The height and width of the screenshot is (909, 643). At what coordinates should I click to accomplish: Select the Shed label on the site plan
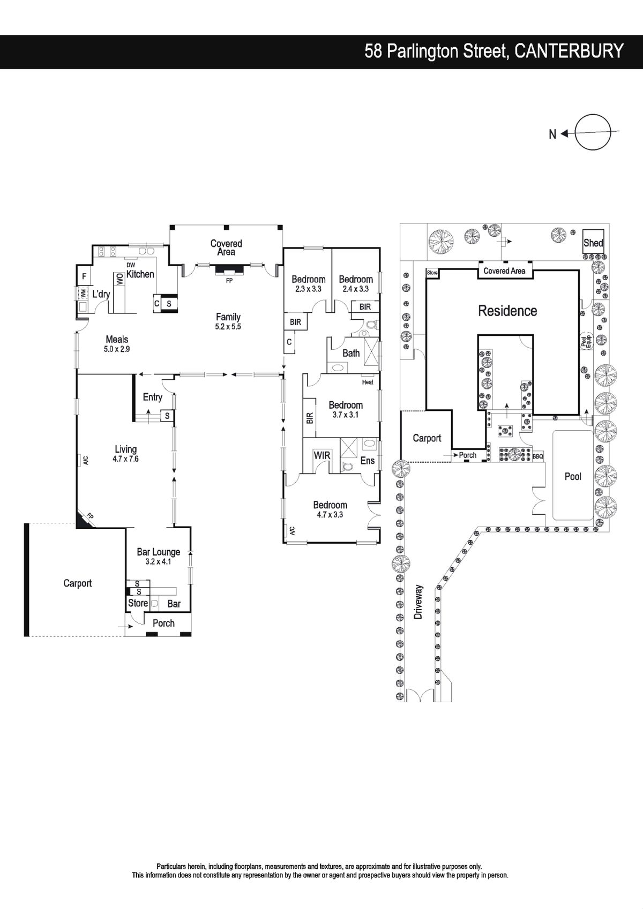[x=593, y=243]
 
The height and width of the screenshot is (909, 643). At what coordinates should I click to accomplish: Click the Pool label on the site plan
[x=573, y=476]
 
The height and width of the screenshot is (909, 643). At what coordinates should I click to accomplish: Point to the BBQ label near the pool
[x=538, y=457]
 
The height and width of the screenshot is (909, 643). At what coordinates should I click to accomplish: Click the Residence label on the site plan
[x=507, y=311]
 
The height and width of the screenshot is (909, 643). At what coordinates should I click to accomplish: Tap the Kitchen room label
[x=140, y=274]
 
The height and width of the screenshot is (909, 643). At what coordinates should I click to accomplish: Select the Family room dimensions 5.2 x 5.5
[x=228, y=326]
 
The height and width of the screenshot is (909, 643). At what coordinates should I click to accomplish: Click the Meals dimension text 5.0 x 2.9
[x=117, y=349]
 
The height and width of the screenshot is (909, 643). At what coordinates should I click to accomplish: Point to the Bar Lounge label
[x=159, y=552]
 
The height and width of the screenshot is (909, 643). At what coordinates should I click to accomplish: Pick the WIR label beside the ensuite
[x=322, y=455]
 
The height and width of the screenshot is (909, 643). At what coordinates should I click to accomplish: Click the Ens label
[x=368, y=461]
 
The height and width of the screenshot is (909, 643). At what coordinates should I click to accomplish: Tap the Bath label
[x=351, y=353]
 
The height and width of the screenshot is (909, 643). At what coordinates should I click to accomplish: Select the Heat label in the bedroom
[x=368, y=382]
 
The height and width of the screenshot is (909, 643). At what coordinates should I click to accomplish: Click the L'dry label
[x=101, y=294]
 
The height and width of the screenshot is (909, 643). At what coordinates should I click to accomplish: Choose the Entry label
[x=153, y=397]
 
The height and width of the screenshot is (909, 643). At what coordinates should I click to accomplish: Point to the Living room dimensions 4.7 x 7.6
[x=125, y=459]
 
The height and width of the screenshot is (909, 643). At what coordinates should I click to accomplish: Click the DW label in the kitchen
[x=131, y=265]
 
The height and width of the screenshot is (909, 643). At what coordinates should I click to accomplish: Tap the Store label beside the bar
[x=138, y=603]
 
